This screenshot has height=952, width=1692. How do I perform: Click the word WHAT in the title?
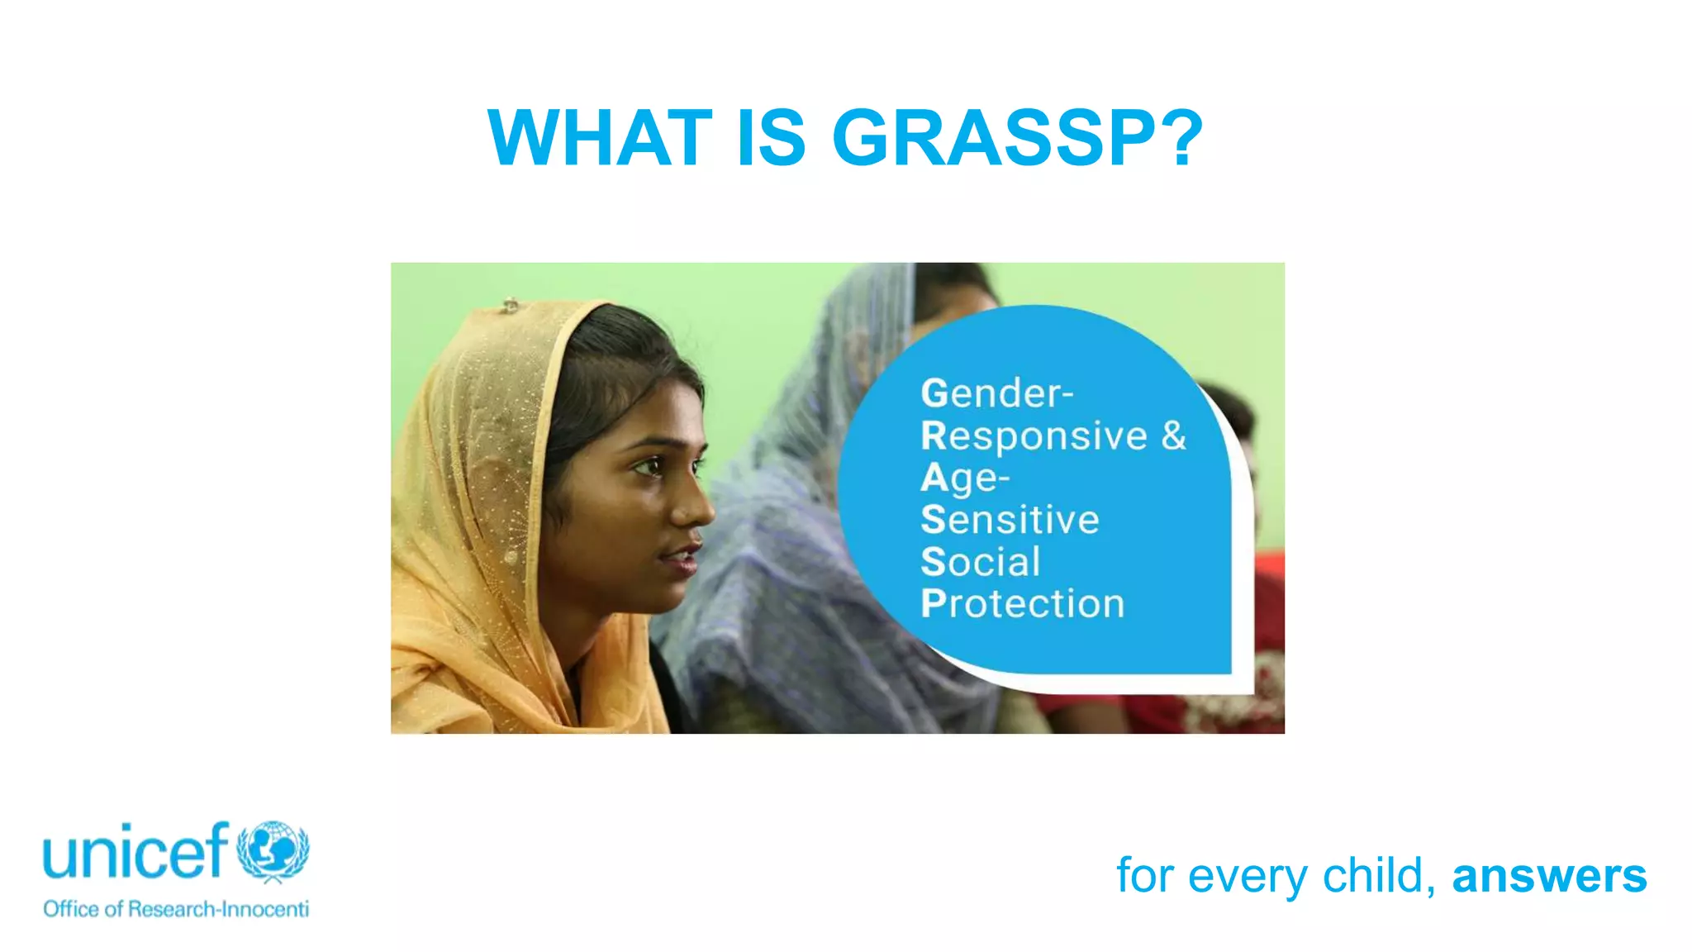pos(600,138)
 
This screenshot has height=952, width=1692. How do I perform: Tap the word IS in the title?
pos(771,138)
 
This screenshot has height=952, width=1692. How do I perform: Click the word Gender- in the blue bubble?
pos(996,394)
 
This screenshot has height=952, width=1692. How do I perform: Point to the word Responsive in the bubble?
pos(1034,436)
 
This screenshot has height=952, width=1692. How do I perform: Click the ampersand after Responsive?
pos(1173,435)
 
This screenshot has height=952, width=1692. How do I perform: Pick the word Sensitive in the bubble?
pos(1010,521)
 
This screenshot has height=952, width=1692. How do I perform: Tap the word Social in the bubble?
pos(980,563)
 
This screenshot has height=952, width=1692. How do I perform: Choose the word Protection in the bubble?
pos(1022,605)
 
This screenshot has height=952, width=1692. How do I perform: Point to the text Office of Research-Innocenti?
pos(176,909)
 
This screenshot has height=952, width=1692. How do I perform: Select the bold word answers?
pos(1549,876)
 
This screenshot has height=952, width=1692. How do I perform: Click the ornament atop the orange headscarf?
pos(511,305)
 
